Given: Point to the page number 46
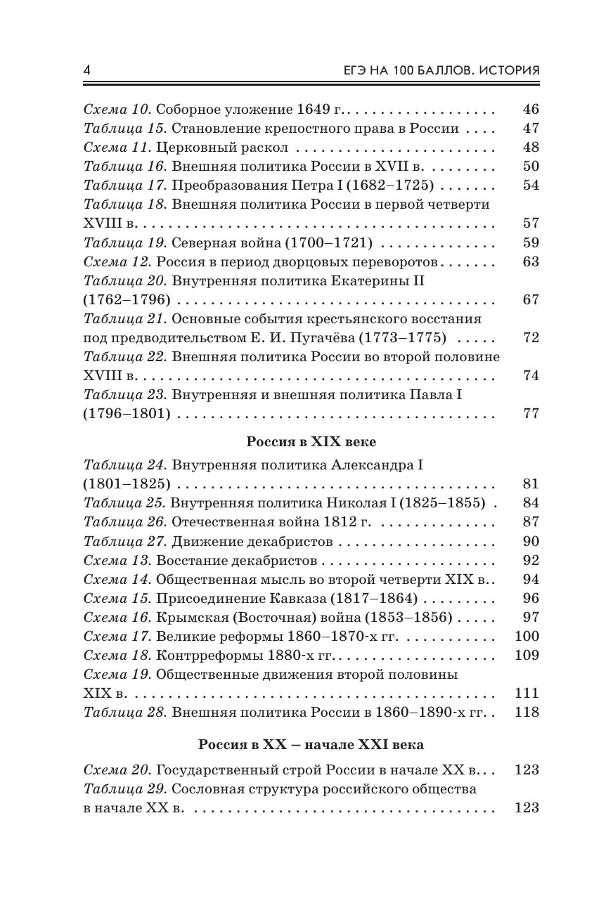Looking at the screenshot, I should pos(531,110).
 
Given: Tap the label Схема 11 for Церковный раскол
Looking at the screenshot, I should pos(116,148).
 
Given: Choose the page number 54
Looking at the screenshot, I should pos(531,186).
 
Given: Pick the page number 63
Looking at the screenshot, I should pos(531,261).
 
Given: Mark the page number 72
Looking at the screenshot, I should pos(531,337).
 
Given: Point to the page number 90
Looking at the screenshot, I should pos(531,540).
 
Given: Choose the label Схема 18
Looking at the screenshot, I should pos(116,655).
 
